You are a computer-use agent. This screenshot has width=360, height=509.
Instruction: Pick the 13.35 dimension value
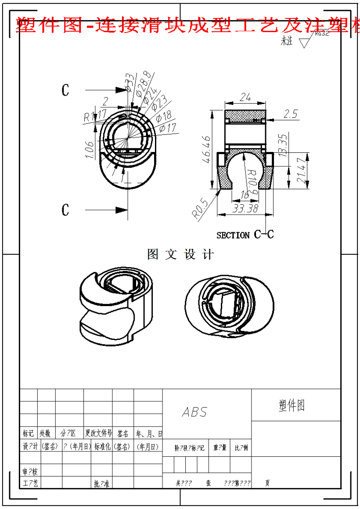[x=283, y=145]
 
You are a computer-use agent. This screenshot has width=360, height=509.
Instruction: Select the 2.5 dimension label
[x=291, y=114]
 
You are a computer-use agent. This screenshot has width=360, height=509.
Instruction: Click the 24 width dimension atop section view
[x=245, y=97]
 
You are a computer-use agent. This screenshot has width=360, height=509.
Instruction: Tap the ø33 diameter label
[x=130, y=82]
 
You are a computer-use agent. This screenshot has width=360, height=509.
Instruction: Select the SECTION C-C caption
[x=245, y=235]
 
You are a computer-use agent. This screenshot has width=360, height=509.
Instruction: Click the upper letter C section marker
[x=65, y=90]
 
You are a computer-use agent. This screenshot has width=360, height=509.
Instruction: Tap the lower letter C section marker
[x=65, y=210]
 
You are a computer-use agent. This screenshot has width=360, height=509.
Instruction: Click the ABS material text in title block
[x=194, y=412]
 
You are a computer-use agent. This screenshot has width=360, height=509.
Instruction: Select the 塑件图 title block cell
[x=292, y=405]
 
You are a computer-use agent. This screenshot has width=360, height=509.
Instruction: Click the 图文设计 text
[x=180, y=254]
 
